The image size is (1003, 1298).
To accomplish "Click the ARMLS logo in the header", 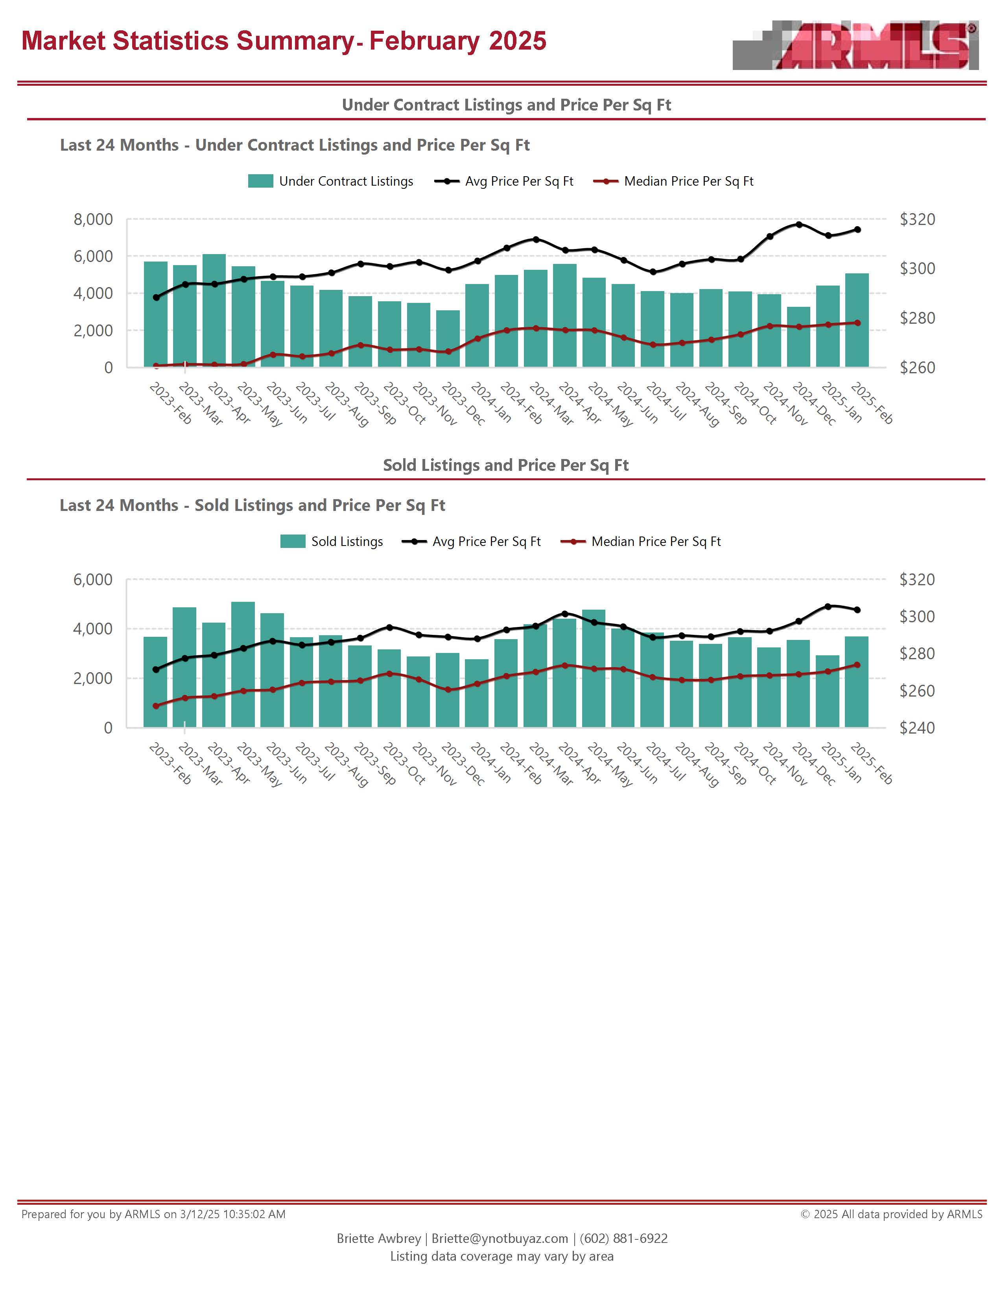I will [855, 46].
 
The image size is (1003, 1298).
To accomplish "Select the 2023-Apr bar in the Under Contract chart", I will [214, 310].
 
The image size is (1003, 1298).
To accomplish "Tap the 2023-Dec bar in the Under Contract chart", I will [448, 338].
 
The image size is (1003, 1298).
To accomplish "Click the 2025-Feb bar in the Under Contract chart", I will [857, 320].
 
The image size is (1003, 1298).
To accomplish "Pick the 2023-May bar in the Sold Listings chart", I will [243, 664].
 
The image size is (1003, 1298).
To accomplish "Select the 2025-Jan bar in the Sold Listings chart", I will [827, 691].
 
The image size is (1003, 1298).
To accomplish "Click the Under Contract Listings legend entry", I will [330, 181].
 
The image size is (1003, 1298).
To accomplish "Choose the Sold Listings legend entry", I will [332, 542].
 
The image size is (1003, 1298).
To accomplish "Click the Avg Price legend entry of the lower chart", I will [471, 542].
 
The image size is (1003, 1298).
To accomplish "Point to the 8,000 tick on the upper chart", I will [93, 219].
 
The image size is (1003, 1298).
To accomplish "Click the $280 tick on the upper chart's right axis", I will [917, 318].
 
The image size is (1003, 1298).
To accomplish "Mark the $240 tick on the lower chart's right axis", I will [917, 727].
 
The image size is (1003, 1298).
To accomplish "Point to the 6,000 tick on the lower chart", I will [93, 579].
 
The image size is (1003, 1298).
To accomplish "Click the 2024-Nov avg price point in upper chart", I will [798, 225].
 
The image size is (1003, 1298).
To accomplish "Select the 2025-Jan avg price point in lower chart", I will [828, 606].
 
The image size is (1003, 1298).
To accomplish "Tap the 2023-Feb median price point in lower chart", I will [156, 706].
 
